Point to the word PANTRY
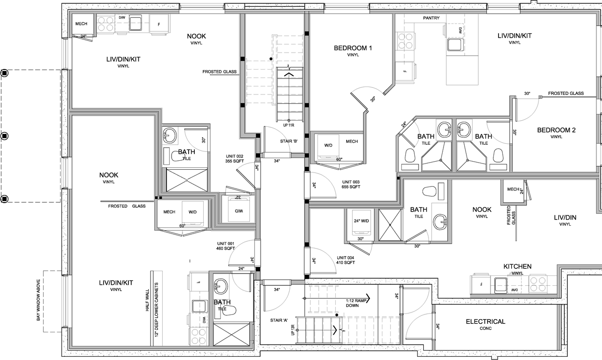(431, 18)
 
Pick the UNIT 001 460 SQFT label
(226, 246)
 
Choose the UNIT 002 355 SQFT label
(234, 158)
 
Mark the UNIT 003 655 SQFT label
(351, 184)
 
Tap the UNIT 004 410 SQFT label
(346, 260)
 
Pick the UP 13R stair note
(293, 327)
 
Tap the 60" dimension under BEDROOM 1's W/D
(339, 159)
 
